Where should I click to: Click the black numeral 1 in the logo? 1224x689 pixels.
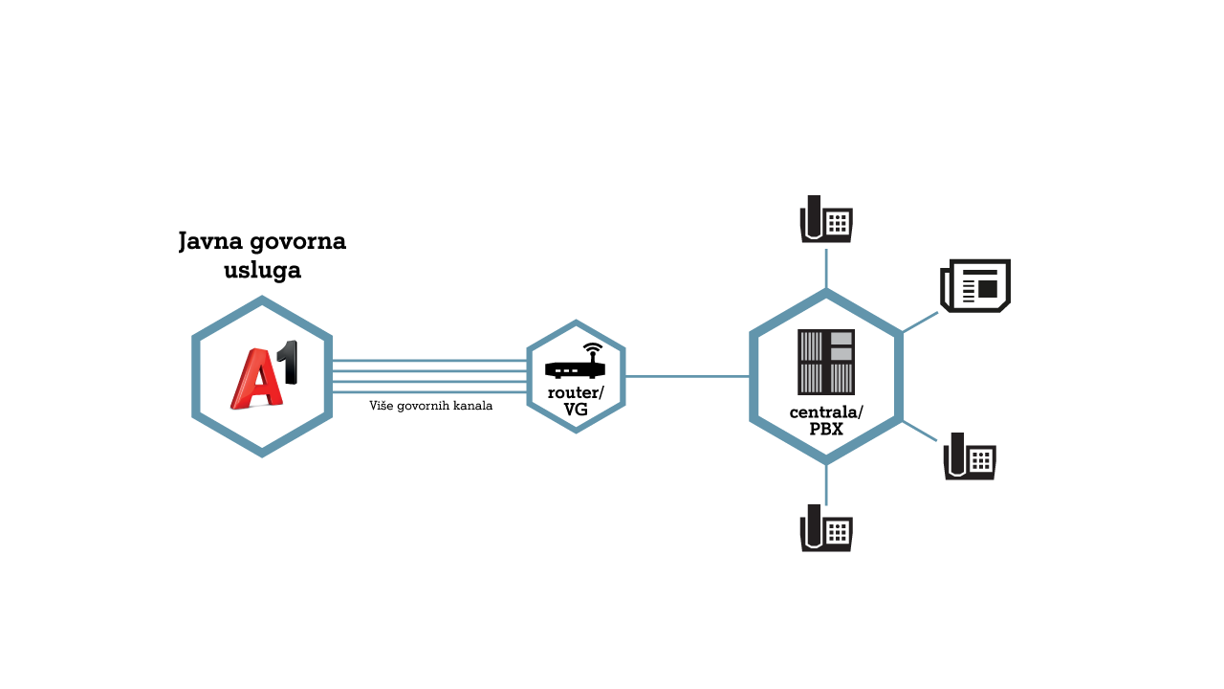pyautogui.click(x=290, y=362)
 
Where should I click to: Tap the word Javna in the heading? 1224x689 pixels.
pyautogui.click(x=210, y=242)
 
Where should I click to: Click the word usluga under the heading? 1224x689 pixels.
pyautogui.click(x=262, y=270)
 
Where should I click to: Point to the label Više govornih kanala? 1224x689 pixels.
pyautogui.click(x=430, y=406)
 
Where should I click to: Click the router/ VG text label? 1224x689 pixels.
pyautogui.click(x=576, y=401)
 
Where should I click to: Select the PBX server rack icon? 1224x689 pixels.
pyautogui.click(x=825, y=362)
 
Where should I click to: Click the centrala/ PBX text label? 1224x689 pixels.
pyautogui.click(x=826, y=420)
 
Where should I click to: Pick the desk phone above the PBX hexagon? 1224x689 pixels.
pyautogui.click(x=826, y=219)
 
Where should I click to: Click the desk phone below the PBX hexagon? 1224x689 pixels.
pyautogui.click(x=826, y=527)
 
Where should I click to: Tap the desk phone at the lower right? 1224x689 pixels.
pyautogui.click(x=970, y=456)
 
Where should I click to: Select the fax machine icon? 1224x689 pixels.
pyautogui.click(x=975, y=286)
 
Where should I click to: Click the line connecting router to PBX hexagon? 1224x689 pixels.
pyautogui.click(x=688, y=376)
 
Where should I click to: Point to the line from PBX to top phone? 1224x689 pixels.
pyautogui.click(x=826, y=269)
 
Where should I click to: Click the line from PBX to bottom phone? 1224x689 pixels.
pyautogui.click(x=826, y=484)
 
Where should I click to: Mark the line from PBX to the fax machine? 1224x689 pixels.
pyautogui.click(x=920, y=322)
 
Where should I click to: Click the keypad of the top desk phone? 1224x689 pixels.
pyautogui.click(x=838, y=223)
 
